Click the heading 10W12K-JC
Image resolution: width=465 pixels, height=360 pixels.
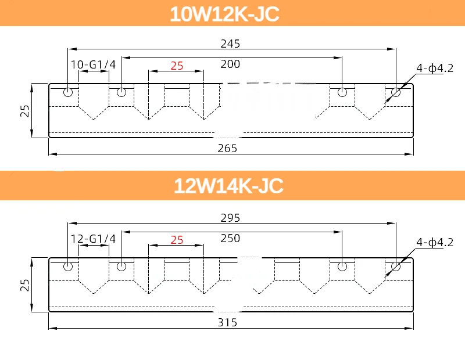click(x=224, y=14)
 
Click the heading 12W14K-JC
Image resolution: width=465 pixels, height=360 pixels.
click(x=228, y=186)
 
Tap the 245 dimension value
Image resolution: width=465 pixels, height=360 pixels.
click(x=230, y=44)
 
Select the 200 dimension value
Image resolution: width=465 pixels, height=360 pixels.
click(x=230, y=64)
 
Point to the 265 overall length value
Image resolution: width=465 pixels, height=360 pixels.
click(x=227, y=148)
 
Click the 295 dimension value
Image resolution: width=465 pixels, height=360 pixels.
click(x=230, y=218)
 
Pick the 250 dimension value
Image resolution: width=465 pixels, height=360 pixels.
click(x=230, y=238)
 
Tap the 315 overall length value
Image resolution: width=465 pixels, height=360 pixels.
click(x=227, y=322)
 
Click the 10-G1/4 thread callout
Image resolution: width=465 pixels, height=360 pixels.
click(x=93, y=64)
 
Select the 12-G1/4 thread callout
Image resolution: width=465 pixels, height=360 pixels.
click(x=93, y=239)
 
